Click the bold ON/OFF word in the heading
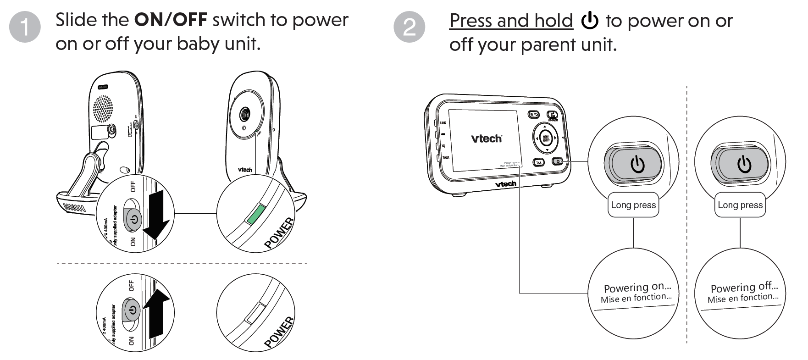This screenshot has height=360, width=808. point(170,20)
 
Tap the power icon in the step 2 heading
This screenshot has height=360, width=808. point(589,21)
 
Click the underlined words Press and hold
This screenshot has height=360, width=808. point(511,21)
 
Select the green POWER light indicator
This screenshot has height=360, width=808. point(255,214)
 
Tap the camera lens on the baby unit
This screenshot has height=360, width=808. point(245,113)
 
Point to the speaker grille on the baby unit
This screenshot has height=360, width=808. point(103,109)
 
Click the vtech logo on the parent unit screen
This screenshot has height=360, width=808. point(486,138)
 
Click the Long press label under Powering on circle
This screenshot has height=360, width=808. point(633,205)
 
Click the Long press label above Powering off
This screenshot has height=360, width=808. point(740,205)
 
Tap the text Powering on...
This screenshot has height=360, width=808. point(637,288)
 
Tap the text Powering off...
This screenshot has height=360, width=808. point(744,288)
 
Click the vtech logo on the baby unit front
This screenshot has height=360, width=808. point(244,170)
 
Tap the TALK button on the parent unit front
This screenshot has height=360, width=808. point(538,162)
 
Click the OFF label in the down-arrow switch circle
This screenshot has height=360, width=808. point(133,186)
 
